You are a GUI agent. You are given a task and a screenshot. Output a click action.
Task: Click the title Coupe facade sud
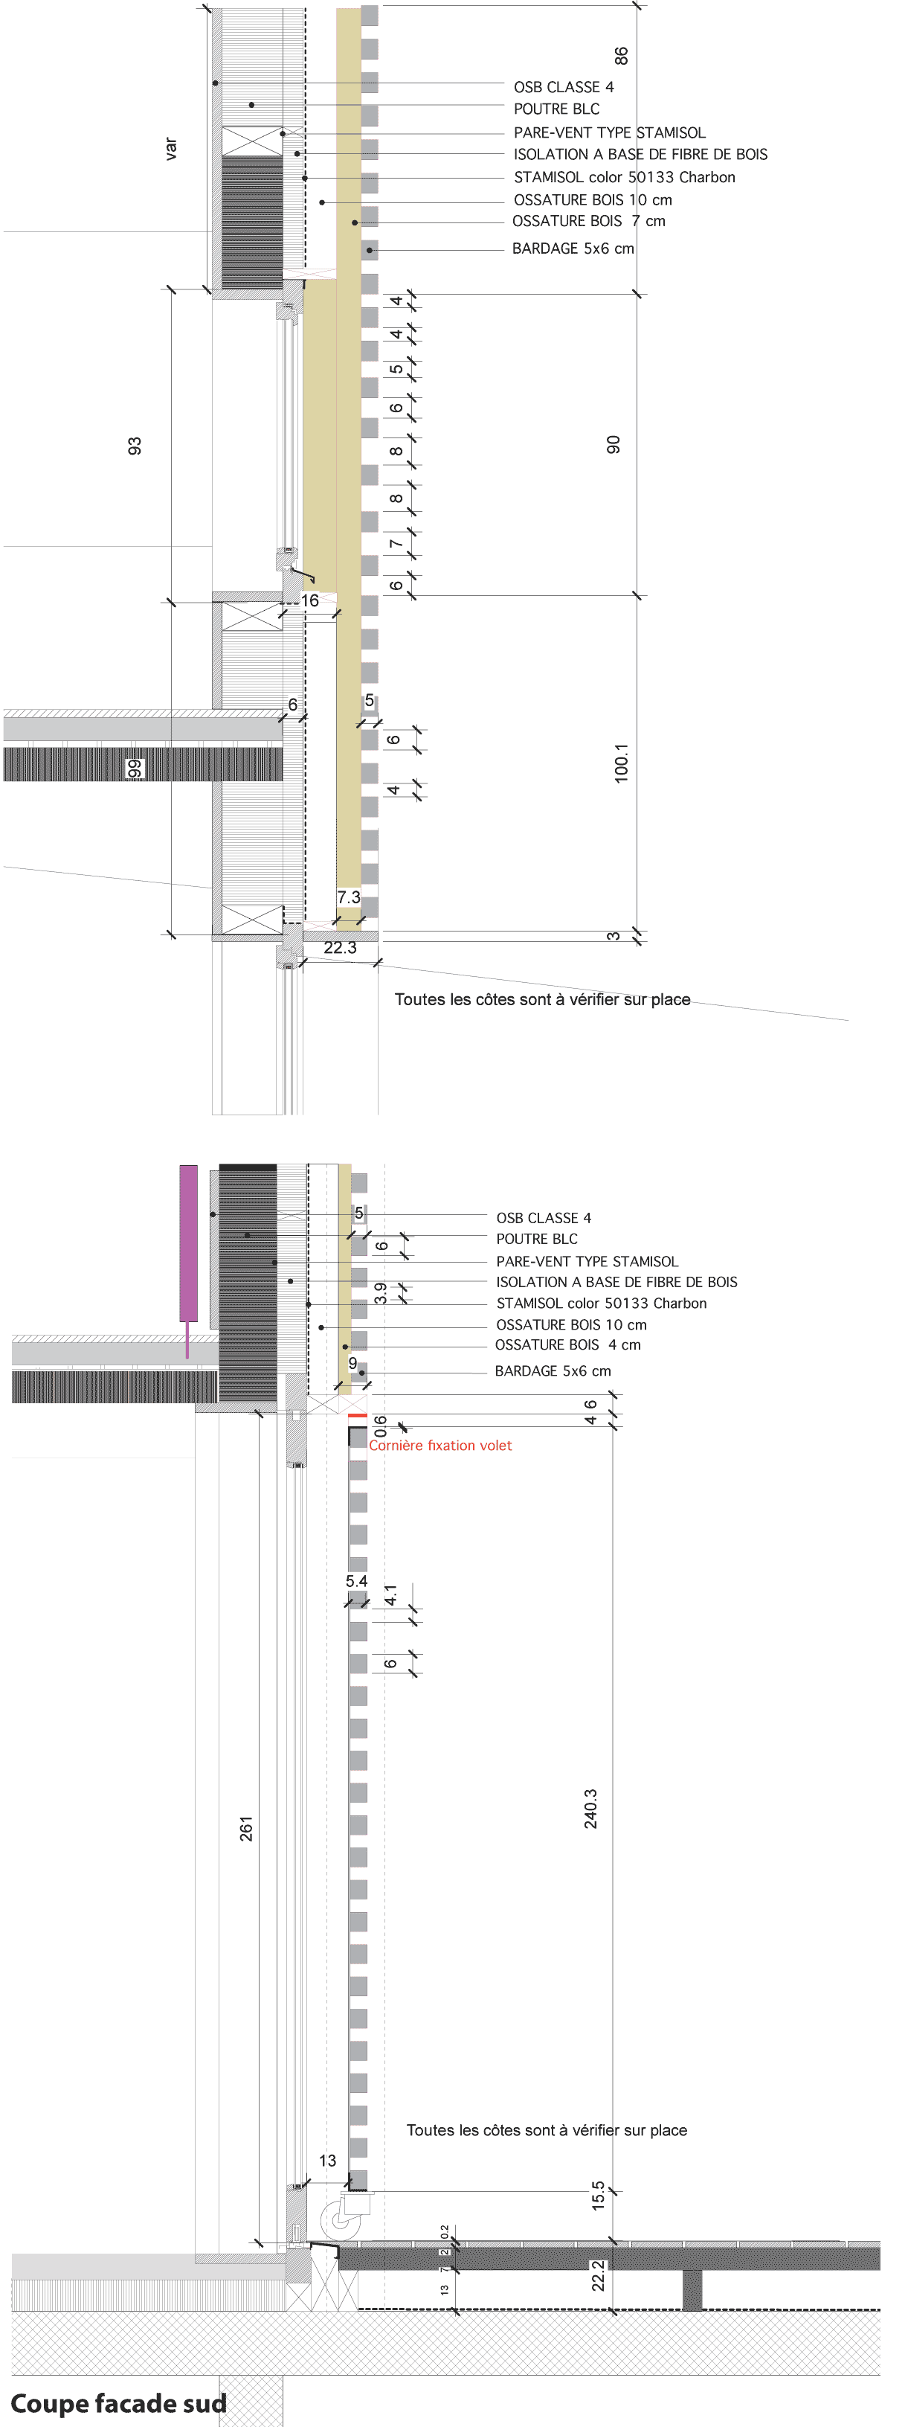[x=119, y=2402]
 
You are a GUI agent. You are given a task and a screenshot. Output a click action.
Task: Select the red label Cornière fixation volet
[x=440, y=1446]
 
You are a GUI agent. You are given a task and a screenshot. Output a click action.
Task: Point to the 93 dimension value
[x=135, y=446]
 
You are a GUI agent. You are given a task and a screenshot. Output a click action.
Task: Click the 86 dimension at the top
[x=621, y=56]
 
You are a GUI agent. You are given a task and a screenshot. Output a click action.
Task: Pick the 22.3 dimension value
[x=340, y=948]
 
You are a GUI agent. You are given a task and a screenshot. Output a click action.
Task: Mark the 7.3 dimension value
[x=349, y=897]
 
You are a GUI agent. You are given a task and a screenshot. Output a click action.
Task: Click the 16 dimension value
[x=310, y=600]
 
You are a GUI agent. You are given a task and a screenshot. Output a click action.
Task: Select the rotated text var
[x=170, y=149]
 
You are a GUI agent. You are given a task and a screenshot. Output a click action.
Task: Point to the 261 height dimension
[x=246, y=1829]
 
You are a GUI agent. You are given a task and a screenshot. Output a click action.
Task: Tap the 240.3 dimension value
[x=590, y=1809]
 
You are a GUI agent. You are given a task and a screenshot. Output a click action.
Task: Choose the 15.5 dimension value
[x=598, y=2195]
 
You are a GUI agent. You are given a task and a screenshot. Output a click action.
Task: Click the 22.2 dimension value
[x=598, y=2275]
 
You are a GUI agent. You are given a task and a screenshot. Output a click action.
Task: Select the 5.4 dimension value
[x=356, y=1581]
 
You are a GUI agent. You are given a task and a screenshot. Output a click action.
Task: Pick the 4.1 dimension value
[x=391, y=1595]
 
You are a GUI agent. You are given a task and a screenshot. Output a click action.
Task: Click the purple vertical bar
[x=188, y=1242]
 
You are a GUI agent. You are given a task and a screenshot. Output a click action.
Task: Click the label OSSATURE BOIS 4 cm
[x=568, y=1344]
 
